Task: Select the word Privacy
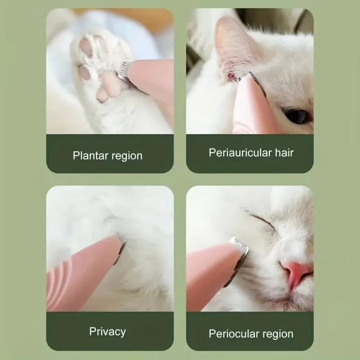[x=108, y=332]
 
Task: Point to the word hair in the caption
[x=284, y=153]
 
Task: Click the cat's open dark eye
[x=297, y=116]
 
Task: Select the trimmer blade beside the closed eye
[x=239, y=250]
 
